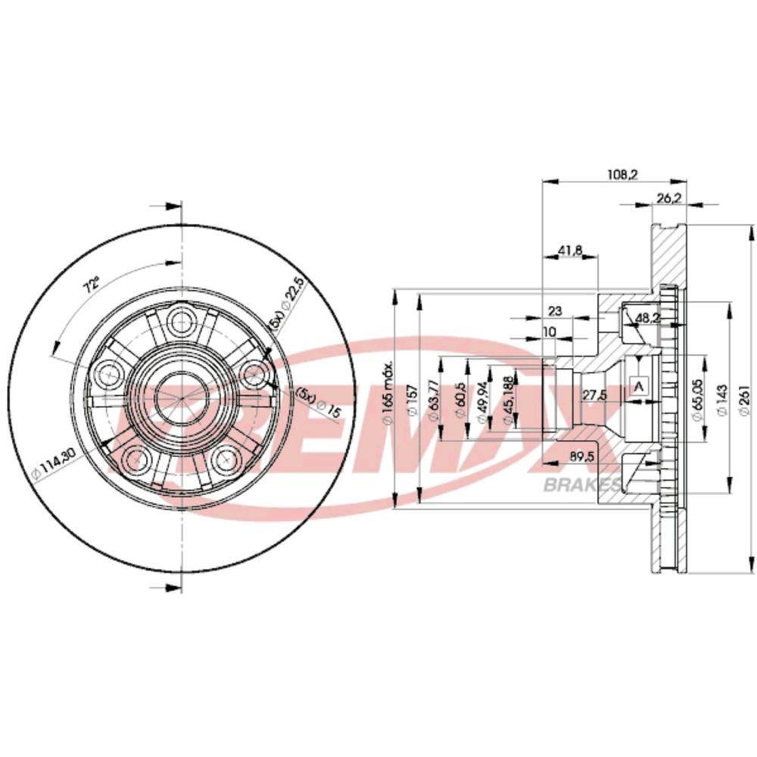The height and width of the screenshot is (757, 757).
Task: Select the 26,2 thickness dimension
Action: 666,198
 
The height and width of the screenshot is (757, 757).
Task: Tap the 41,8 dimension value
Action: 569,252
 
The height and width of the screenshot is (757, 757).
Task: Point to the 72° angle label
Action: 92,285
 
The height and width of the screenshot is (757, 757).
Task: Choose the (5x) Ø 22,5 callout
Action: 276,302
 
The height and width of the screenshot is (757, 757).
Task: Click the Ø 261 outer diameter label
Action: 744,397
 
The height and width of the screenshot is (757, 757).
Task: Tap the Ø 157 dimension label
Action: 413,398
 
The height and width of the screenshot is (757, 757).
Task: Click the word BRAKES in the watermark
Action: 583,485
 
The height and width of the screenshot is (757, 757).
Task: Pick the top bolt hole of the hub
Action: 182,319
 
